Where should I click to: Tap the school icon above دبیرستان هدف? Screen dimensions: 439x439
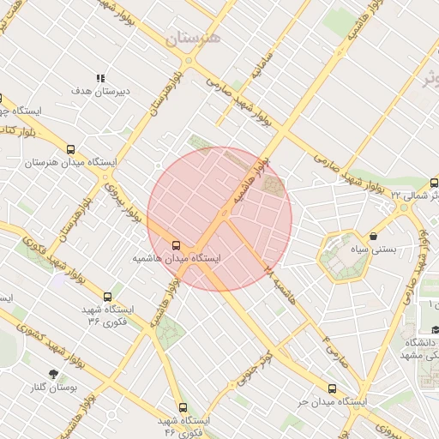[100, 78]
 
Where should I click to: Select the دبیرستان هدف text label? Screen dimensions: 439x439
[100, 90]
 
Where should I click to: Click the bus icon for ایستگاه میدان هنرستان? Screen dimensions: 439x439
[70, 148]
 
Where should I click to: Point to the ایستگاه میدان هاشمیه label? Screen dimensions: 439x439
[177, 257]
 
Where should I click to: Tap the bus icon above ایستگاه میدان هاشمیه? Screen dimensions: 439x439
[177, 244]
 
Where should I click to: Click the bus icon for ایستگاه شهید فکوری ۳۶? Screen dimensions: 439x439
[107, 297]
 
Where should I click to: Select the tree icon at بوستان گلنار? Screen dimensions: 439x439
[55, 375]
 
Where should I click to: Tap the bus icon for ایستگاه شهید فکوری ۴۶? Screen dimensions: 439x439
[183, 408]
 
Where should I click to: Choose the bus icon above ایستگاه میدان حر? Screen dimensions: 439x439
[333, 388]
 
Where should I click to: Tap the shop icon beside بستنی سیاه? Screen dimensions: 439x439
[373, 237]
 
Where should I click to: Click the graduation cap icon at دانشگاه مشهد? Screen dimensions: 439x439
[434, 330]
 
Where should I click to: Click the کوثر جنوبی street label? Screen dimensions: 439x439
[256, 367]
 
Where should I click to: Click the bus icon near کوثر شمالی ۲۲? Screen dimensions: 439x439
[434, 183]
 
